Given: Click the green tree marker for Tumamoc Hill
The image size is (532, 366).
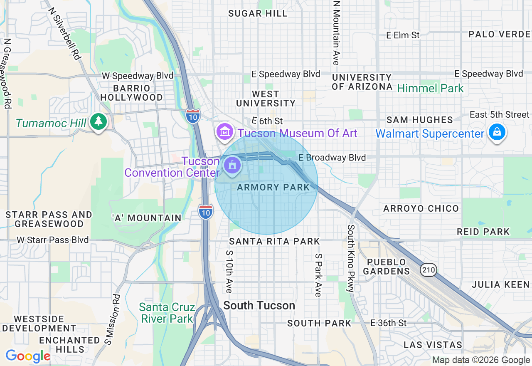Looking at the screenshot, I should click(98, 122).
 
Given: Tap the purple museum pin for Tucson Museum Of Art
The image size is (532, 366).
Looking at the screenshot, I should click(225, 132).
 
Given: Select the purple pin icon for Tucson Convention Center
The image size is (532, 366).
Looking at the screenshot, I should click(232, 165).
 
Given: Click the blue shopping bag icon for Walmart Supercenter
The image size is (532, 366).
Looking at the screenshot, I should click(497, 133).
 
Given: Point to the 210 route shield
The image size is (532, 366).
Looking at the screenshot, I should click(428, 270).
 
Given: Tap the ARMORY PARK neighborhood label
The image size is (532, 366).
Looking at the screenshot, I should click(273, 188).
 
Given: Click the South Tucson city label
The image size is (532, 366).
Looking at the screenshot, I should click(259, 306).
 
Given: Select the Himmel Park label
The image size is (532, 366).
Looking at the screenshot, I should click(430, 88).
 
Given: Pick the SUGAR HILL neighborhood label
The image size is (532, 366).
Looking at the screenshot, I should click(258, 13).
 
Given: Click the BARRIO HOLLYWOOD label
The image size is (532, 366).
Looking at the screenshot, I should click(132, 93).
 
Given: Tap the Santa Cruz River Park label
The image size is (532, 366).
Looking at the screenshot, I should click(167, 313).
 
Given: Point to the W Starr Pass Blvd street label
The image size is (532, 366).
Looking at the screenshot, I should click(53, 240).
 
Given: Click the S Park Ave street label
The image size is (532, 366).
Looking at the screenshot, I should click(318, 275).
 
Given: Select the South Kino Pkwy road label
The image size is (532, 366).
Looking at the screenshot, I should click(351, 258).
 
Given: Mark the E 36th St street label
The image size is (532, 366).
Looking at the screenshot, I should click(389, 323).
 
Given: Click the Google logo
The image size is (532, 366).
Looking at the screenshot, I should click(28, 356).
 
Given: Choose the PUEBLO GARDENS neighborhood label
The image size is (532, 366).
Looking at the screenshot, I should click(387, 267).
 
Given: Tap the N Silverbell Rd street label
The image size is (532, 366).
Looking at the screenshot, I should click(64, 33).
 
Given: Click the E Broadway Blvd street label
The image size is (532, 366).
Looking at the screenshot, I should click(332, 158).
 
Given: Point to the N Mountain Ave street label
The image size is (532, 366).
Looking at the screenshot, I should click(336, 32).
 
